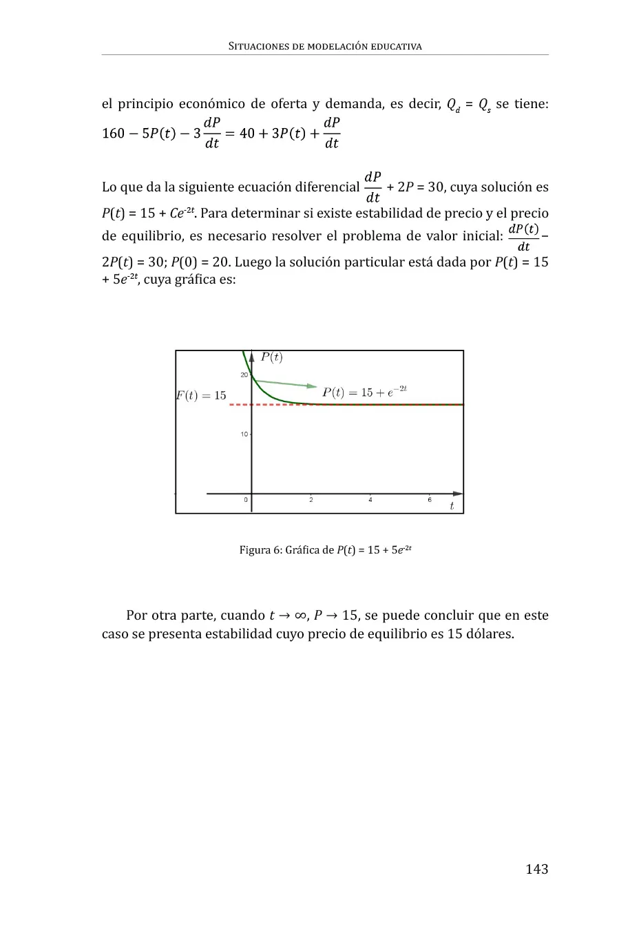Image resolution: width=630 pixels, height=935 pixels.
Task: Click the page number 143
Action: [x=536, y=869]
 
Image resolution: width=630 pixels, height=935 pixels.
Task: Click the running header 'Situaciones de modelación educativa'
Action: [x=325, y=47]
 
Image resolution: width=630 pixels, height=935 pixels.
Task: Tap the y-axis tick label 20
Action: [x=244, y=375]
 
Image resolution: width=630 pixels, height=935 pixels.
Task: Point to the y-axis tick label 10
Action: [x=244, y=434]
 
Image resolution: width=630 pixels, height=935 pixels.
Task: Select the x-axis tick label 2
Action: [x=311, y=500]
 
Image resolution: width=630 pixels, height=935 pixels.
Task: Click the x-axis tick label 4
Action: [x=370, y=500]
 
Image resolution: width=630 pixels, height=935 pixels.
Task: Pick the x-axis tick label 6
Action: [x=430, y=500]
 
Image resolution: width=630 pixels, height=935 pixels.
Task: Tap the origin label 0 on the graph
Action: [x=246, y=500]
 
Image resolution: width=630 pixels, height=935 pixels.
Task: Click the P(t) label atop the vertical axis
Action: [x=271, y=357]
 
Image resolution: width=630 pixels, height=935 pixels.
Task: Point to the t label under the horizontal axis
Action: [x=452, y=506]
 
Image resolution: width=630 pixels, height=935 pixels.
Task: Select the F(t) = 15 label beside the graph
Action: [x=201, y=395]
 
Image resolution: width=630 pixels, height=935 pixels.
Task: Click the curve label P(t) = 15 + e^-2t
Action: [x=365, y=392]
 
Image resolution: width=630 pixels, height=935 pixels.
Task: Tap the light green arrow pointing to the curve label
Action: [x=286, y=383]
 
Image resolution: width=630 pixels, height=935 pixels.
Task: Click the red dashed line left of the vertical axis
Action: [x=240, y=405]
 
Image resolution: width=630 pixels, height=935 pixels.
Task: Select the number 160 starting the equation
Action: [x=113, y=133]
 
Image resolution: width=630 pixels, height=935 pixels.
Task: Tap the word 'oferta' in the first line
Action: [x=288, y=104]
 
